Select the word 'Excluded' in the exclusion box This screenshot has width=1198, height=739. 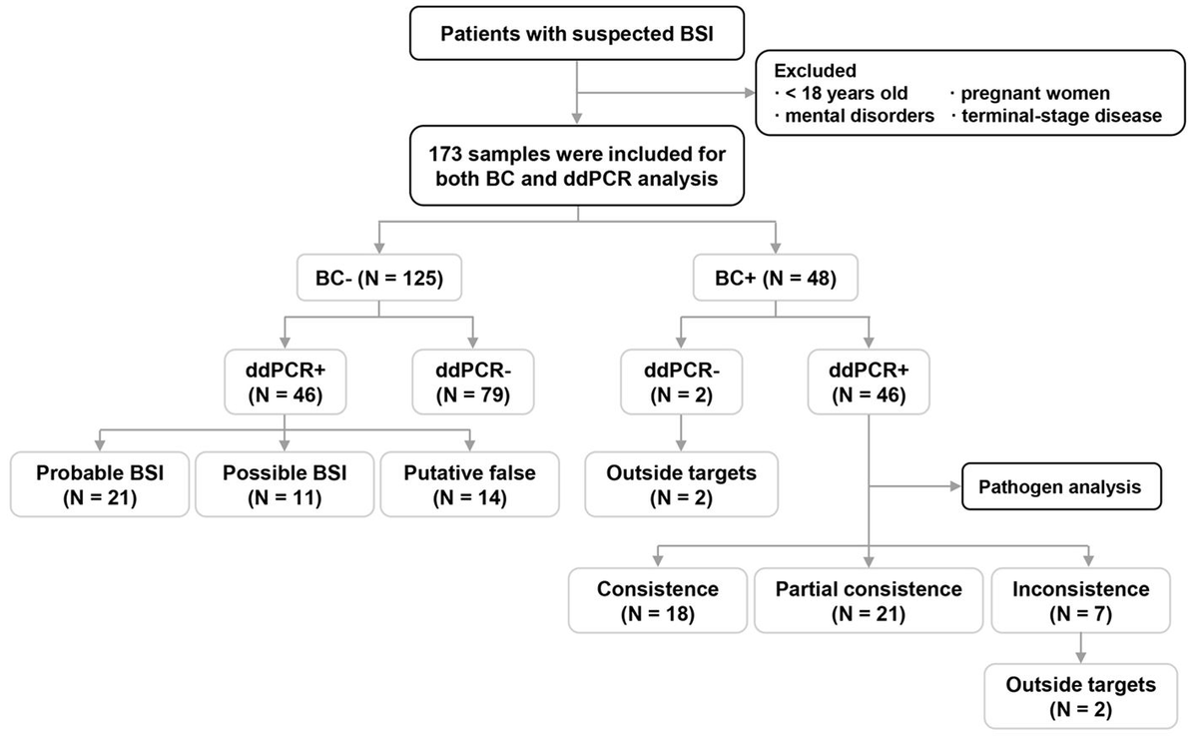(813, 72)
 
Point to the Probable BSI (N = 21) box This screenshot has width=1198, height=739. (100, 485)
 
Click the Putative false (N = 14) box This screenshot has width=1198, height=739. (470, 485)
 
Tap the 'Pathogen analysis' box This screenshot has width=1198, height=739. (1044, 489)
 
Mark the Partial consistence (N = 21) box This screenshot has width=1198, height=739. (869, 601)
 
